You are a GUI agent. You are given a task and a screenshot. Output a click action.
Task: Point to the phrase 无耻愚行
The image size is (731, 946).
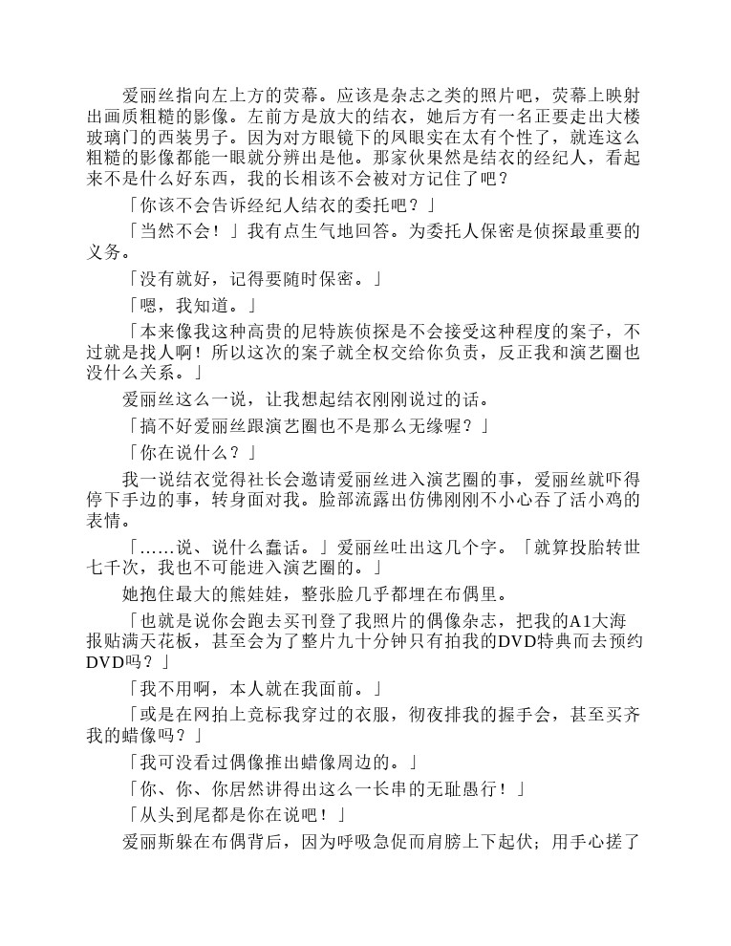pos(459,788)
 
